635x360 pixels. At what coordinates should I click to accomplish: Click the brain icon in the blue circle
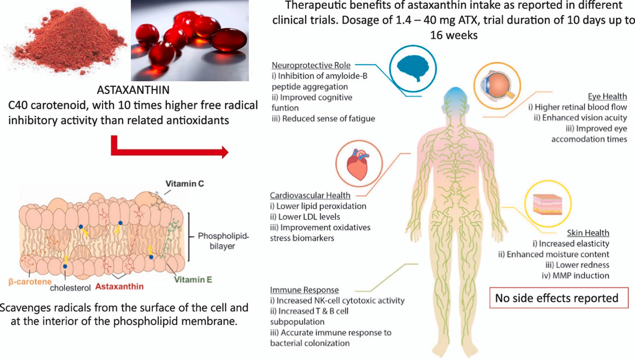point(413,68)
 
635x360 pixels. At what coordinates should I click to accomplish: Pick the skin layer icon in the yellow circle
point(548,203)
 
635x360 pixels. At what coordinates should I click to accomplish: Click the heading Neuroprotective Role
point(311,65)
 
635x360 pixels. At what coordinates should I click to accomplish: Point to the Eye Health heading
point(607,96)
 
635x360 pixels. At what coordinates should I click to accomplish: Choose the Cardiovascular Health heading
point(310,195)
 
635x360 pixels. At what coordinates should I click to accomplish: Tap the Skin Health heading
point(588,233)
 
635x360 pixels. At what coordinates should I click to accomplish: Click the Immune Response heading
point(304,290)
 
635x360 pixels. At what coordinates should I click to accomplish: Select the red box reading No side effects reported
point(558,298)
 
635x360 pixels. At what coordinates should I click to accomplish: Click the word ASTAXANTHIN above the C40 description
point(133,90)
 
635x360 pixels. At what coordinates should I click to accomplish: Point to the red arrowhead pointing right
point(224,152)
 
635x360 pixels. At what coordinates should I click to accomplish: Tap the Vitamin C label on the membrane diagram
point(185,184)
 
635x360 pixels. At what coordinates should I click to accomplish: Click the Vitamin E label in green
point(193,280)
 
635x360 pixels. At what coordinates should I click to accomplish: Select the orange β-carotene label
point(30,282)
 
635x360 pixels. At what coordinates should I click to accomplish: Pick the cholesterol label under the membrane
point(70,288)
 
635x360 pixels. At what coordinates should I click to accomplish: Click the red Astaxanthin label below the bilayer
point(119,286)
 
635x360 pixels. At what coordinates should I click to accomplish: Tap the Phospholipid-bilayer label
point(223,241)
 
